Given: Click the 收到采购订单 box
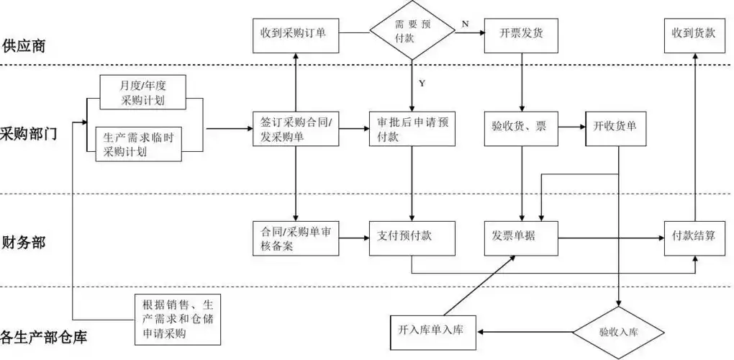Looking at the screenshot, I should [x=296, y=33].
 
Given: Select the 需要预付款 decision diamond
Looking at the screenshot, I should [x=413, y=32].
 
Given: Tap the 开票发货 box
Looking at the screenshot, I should [x=521, y=33].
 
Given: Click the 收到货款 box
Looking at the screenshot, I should [x=694, y=33].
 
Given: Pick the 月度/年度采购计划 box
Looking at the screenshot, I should [x=142, y=92].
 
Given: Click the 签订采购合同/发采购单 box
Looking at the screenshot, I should [x=296, y=130].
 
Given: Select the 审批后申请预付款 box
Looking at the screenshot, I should [x=412, y=130].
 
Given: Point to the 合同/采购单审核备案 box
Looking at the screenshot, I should [x=296, y=238].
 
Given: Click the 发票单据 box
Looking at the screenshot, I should [x=521, y=235].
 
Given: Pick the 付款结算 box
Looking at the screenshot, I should [x=694, y=235].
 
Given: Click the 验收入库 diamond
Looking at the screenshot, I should [x=619, y=332].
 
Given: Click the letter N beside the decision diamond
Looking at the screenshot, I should [x=465, y=24].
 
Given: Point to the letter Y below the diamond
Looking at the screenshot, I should [x=422, y=84].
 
